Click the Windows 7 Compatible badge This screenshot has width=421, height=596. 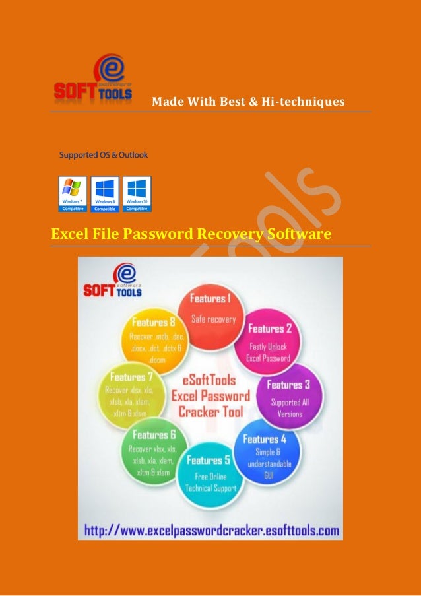point(72,193)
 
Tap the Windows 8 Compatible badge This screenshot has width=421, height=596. point(104,193)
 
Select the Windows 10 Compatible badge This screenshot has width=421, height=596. point(137,193)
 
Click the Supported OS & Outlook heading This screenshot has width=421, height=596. point(104,156)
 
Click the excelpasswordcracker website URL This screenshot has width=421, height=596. point(211,530)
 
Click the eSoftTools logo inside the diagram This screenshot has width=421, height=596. point(112,282)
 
